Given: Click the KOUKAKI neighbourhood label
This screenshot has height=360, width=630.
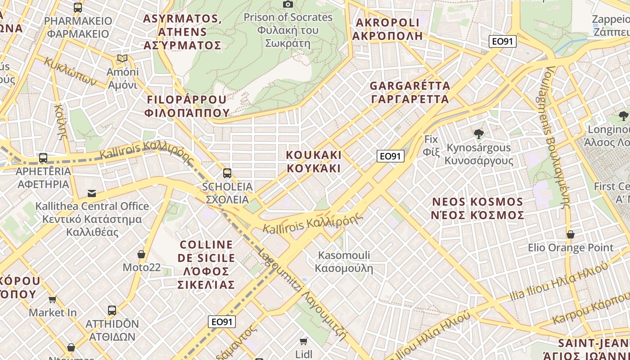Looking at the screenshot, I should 314,162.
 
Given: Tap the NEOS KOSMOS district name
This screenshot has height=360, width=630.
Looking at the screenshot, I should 477,208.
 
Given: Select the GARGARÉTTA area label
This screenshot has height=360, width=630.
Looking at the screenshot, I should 409,92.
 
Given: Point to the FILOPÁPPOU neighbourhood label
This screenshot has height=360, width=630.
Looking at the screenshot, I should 187,106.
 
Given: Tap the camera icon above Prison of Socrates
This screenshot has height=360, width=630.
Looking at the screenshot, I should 288,4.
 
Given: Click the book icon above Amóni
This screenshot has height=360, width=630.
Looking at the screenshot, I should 122,58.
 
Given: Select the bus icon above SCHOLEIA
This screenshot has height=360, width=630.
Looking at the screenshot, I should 227,173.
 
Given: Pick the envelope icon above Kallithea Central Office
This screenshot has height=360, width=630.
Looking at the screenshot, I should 92,193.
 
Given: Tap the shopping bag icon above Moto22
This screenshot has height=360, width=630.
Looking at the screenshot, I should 141,254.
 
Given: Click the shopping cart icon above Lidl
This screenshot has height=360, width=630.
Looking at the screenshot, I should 304,341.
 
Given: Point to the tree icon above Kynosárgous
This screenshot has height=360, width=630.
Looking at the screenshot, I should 478,134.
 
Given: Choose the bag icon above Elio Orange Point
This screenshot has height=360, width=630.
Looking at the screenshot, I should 570,234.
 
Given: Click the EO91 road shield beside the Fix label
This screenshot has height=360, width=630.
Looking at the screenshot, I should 390,156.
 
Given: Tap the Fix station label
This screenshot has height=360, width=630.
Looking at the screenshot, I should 431,145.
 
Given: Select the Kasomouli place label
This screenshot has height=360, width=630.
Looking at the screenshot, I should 344,261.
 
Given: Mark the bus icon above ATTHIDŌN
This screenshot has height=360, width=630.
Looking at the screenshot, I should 112,310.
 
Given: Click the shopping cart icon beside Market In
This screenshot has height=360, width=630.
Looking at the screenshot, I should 53,299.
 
